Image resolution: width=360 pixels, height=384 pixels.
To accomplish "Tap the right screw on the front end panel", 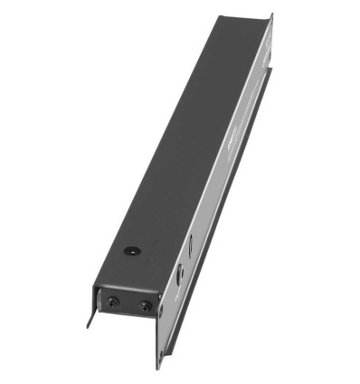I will (145, 305).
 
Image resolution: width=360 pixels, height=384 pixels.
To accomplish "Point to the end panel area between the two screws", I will (128, 304).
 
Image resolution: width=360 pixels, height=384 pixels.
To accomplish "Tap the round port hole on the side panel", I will (180, 270).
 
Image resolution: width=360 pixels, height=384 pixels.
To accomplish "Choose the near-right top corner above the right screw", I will (160, 291).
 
